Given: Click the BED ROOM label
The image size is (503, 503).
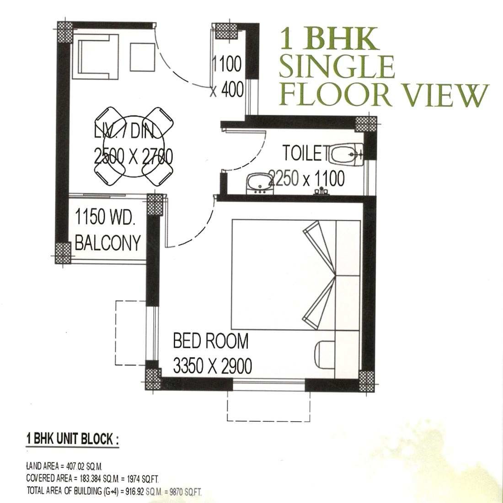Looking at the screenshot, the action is (x=211, y=341).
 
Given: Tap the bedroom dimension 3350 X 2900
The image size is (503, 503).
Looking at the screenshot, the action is (x=212, y=365).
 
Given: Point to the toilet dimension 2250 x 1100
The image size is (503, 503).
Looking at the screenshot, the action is (x=306, y=178).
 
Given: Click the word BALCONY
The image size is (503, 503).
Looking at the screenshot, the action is (x=108, y=242).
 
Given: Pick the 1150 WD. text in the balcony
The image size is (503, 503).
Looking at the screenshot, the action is (x=104, y=217).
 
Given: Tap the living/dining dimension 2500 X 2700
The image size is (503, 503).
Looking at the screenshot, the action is (x=134, y=156).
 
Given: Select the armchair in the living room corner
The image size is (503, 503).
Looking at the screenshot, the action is (x=96, y=56).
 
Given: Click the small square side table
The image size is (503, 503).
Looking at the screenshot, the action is (x=142, y=57).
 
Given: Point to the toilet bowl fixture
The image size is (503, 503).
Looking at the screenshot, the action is (x=347, y=155).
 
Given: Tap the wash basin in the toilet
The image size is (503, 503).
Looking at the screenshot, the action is (x=260, y=183).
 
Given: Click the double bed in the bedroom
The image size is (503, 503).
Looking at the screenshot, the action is (x=296, y=275).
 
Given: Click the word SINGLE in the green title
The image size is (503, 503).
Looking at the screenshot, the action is (x=337, y=67).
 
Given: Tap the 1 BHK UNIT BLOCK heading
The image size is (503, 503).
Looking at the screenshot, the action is (x=73, y=439).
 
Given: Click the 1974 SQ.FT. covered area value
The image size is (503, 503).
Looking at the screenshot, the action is (x=143, y=479).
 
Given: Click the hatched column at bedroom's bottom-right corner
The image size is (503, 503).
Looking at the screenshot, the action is (x=367, y=381).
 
